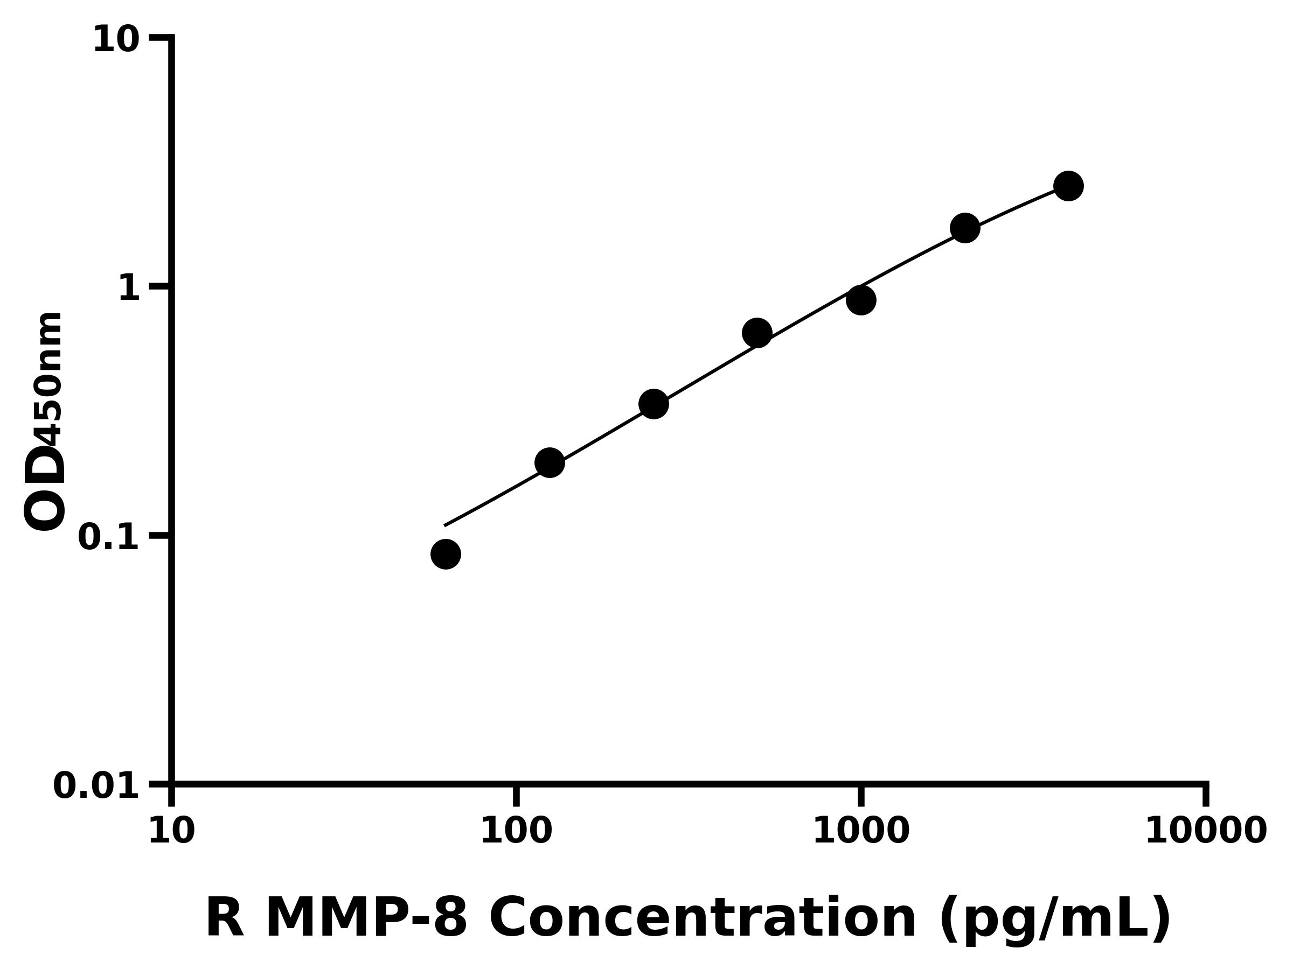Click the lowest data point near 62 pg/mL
[x=446, y=554]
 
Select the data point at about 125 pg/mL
[x=550, y=463]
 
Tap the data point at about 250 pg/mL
[x=654, y=404]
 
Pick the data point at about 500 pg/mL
[x=757, y=333]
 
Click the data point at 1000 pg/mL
[x=861, y=300]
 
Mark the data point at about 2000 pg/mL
[x=965, y=228]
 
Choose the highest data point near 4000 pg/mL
[x=1068, y=186]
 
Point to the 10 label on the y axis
[x=116, y=40]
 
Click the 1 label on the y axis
[x=129, y=289]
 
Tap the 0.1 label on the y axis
[x=109, y=537]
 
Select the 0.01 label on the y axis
[x=96, y=786]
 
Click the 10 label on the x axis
[x=171, y=831]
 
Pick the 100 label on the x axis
[x=516, y=831]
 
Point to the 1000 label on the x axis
[x=861, y=831]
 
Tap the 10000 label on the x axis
[x=1206, y=831]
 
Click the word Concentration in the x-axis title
[x=702, y=918]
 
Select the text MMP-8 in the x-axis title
[x=366, y=918]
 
